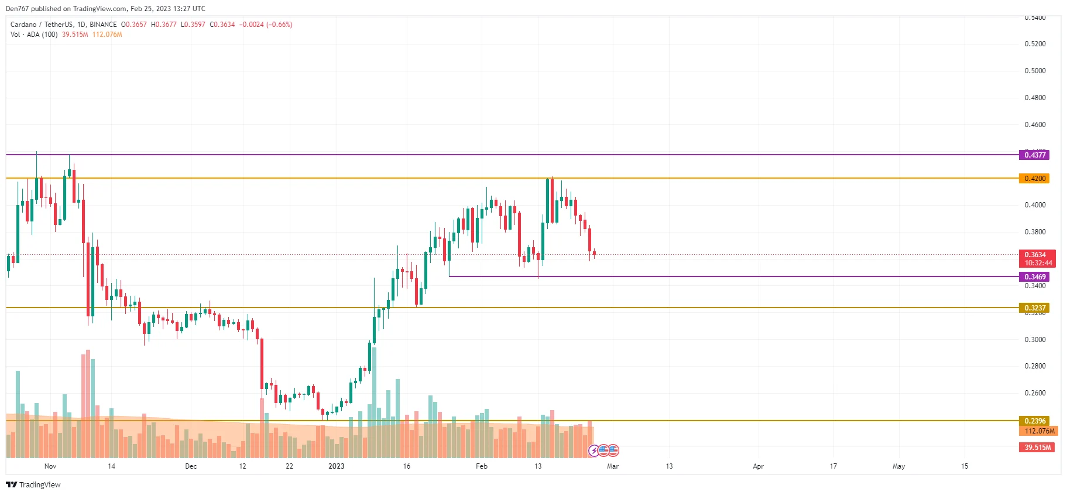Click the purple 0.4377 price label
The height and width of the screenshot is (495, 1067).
tap(1034, 155)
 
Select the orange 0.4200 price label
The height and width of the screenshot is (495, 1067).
tap(1034, 179)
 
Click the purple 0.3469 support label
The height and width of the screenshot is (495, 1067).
tap(1034, 277)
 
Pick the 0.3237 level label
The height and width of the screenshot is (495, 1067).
tap(1034, 308)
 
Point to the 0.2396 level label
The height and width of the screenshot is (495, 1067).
tap(1034, 421)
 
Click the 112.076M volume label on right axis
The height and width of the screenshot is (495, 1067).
tap(1039, 431)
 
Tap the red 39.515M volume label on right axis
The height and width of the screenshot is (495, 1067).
tap(1037, 448)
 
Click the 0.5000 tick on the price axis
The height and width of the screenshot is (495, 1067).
tap(1035, 71)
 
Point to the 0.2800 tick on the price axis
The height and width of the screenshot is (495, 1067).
tap(1035, 366)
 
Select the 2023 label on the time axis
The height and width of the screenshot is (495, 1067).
tap(336, 466)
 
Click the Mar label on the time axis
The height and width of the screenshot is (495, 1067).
tap(612, 466)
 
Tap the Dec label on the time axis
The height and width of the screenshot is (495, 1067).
tap(191, 466)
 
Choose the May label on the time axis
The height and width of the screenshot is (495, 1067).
tap(898, 466)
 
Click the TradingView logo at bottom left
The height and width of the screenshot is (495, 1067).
tap(33, 484)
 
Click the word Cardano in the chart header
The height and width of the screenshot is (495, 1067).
tap(23, 25)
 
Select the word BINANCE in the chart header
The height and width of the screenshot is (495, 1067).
tap(103, 25)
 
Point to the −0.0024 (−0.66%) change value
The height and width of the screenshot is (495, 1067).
tap(266, 25)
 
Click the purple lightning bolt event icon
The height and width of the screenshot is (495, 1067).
tap(594, 450)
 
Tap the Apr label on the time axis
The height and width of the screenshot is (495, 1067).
tap(758, 466)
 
